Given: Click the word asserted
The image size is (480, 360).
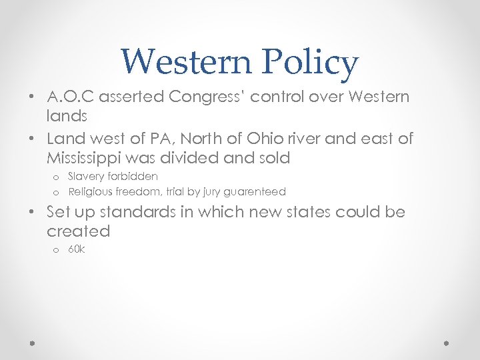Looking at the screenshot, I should coord(131,96).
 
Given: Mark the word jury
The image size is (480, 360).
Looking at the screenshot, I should coord(215,192).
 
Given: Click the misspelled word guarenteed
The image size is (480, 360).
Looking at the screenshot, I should coord(257,192).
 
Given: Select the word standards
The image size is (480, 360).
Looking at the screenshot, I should coord(139,212).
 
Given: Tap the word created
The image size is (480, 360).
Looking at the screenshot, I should coord(78,231).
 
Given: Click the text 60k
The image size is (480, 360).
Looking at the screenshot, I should coord(77,250).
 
